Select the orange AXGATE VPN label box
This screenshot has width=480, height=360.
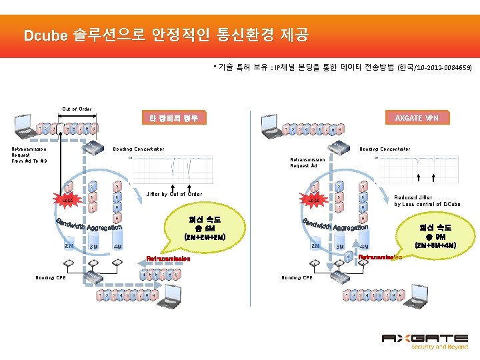(x=417, y=118)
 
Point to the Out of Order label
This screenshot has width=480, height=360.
(x=77, y=109)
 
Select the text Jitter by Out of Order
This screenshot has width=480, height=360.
(x=173, y=194)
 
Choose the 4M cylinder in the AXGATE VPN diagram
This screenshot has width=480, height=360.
(x=365, y=246)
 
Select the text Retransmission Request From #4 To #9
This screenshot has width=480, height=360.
(x=28, y=155)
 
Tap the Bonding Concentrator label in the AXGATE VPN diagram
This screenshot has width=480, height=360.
(x=385, y=149)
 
